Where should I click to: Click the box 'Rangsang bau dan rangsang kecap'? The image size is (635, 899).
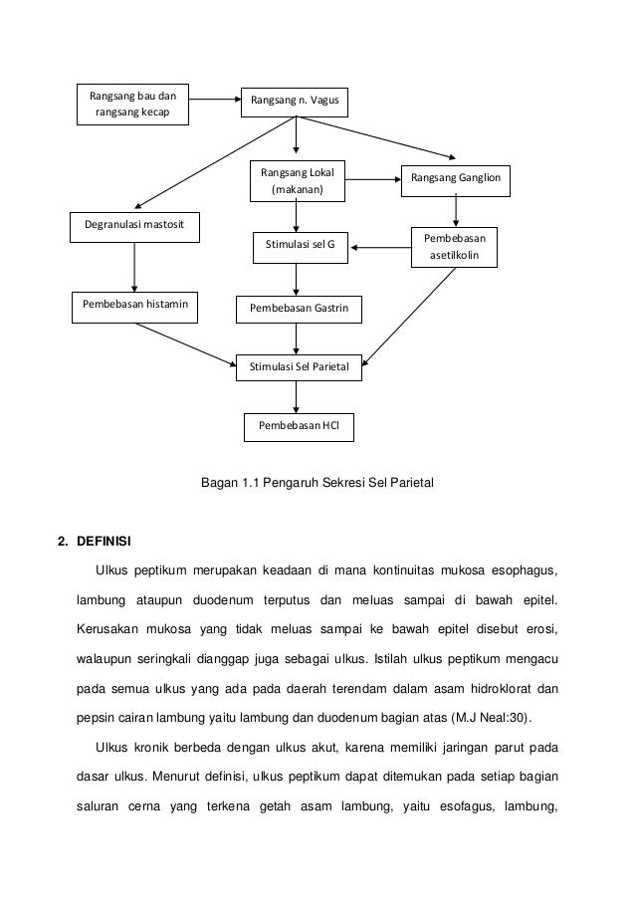click(x=132, y=105)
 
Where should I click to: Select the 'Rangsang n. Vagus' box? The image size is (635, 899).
click(x=295, y=101)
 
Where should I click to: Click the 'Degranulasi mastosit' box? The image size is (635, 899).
click(x=134, y=227)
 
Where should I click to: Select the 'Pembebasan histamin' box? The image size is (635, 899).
click(x=134, y=307)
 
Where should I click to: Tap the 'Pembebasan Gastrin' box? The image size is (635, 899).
click(x=299, y=310)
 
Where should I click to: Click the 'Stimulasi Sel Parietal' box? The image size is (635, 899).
click(x=299, y=367)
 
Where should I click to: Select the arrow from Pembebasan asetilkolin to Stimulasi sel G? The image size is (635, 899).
click(x=380, y=246)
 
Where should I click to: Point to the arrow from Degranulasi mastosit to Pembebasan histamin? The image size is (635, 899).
click(x=134, y=266)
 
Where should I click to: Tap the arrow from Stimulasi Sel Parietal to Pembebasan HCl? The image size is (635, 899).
click(x=296, y=396)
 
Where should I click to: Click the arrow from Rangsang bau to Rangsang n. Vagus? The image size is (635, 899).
click(x=213, y=100)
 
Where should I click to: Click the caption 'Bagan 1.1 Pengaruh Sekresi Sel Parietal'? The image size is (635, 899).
click(x=317, y=484)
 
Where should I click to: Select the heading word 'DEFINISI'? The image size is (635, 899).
click(x=102, y=543)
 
